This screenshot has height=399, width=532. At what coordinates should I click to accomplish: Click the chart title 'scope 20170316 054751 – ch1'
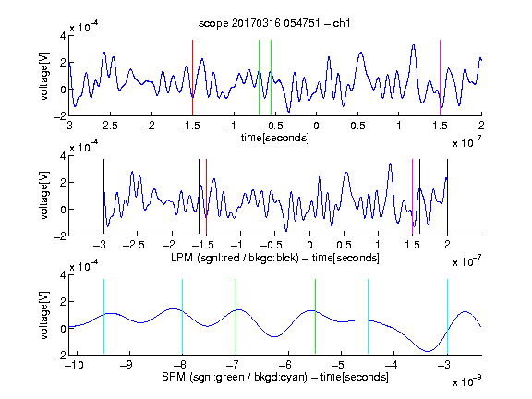tap(274, 23)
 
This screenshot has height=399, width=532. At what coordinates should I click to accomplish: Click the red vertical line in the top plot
tap(192, 78)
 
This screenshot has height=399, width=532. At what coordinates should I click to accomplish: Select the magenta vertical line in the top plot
tap(440, 78)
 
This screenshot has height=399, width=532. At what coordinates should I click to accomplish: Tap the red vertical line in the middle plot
tap(206, 197)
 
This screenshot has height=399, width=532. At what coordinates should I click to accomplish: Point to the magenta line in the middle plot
tap(412, 197)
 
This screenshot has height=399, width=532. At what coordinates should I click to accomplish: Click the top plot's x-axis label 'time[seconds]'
tap(275, 138)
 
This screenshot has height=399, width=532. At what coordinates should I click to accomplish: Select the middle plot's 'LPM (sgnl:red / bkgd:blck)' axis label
tap(235, 258)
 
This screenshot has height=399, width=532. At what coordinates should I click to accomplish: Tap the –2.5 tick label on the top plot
tap(106, 126)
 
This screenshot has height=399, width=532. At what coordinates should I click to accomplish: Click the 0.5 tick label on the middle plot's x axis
tap(344, 245)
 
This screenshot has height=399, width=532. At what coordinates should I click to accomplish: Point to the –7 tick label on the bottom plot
tap(233, 365)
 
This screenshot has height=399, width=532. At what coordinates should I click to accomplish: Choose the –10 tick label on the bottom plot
tap(74, 365)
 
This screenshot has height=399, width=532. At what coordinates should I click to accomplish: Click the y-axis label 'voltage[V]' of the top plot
tap(44, 76)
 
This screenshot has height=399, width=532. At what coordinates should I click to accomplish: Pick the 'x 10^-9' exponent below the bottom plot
tap(466, 381)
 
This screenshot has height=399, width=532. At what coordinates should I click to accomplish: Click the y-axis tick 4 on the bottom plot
tap(63, 274)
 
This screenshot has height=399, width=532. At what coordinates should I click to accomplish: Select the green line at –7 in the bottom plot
tap(236, 316)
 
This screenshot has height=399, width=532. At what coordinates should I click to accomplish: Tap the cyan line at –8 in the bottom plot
tap(183, 316)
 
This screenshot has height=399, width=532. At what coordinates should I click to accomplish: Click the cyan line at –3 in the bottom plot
tap(448, 316)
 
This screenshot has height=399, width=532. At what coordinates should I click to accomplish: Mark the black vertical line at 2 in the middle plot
tap(448, 197)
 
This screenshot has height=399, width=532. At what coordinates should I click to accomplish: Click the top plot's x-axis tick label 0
tap(316, 126)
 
